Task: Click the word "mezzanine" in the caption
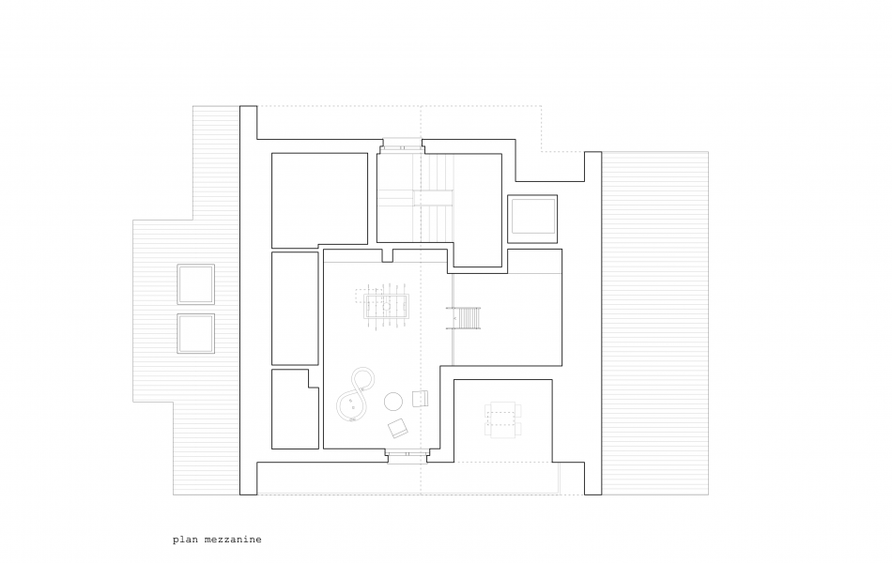pyautogui.click(x=233, y=540)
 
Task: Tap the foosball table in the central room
pyautogui.click(x=386, y=307)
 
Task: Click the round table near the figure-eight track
pyautogui.click(x=393, y=402)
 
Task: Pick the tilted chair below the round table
pyautogui.click(x=398, y=428)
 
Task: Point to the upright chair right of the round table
pyautogui.click(x=420, y=398)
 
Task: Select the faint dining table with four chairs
pyautogui.click(x=503, y=419)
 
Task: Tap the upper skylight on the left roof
pyautogui.click(x=195, y=284)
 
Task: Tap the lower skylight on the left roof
pyautogui.click(x=195, y=333)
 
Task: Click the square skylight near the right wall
pyautogui.click(x=532, y=219)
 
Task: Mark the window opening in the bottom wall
pyautogui.click(x=408, y=455)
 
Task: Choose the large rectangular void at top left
pyautogui.click(x=319, y=200)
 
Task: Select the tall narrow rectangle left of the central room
pyautogui.click(x=295, y=308)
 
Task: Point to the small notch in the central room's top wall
pyautogui.click(x=388, y=256)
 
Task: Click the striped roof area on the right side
pyautogui.click(x=655, y=323)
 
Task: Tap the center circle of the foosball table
pyautogui.click(x=386, y=307)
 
